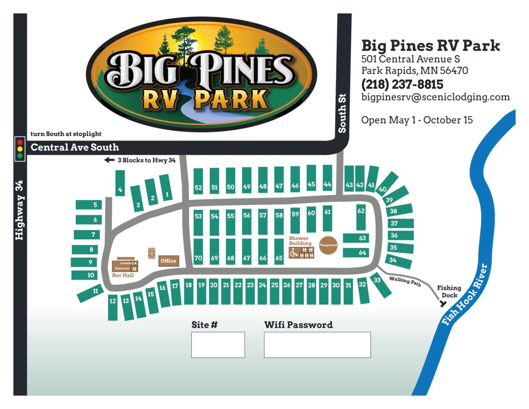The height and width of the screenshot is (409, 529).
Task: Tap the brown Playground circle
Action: pos(328,245)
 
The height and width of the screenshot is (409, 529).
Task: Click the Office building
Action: pos(168,261)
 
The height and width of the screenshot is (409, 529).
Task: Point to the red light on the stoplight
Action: pos(20,142)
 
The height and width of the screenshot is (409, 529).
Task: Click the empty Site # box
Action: pos(218,345)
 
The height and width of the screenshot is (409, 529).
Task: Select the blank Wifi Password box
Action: pos(317,345)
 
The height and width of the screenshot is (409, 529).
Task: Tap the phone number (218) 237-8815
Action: pos(402,84)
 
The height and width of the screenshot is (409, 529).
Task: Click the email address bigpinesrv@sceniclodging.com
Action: pos(435,97)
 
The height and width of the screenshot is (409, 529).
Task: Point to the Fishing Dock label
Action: pos(449,292)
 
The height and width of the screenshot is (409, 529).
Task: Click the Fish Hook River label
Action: pos(465,295)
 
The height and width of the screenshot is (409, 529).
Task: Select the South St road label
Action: pos(342,113)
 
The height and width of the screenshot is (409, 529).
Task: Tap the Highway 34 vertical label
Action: pos(20,210)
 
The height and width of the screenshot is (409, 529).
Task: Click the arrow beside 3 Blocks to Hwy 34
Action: pos(109,160)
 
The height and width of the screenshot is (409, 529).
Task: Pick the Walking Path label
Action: pos(405,281)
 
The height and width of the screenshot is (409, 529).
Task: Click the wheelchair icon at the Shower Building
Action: pos(294,253)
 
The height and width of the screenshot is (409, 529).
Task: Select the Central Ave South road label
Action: pos(75,147)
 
